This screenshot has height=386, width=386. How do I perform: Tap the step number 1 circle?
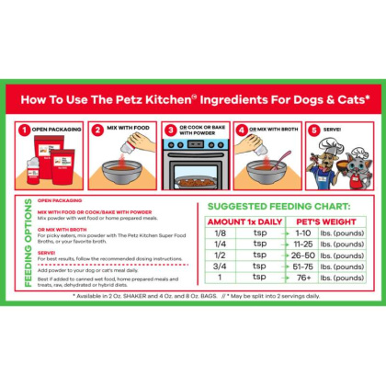pos(26,130)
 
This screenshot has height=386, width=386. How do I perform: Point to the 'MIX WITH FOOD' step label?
pos(127,130)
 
